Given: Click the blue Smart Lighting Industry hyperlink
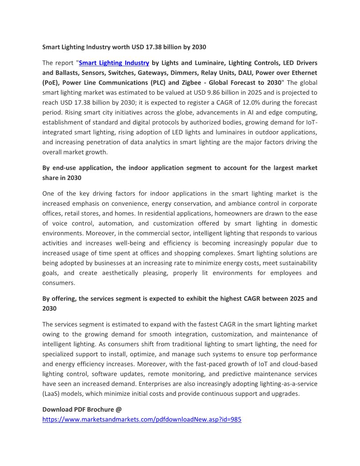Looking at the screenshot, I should (x=114, y=63).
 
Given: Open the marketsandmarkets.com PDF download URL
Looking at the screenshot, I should (x=142, y=420).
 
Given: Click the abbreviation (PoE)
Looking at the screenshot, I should (x=52, y=83).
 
